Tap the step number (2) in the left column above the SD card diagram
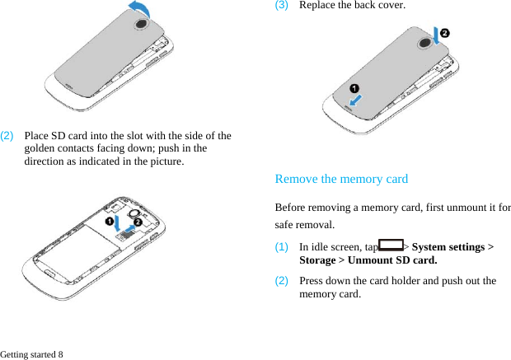[x=7, y=135]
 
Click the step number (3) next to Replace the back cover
[x=281, y=5]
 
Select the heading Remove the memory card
[x=340, y=179]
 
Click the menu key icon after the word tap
[x=392, y=245]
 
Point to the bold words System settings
[x=448, y=247]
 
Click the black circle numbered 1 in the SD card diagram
[x=108, y=222]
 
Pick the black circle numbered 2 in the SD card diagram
[x=138, y=222]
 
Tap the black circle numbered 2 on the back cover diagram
[x=445, y=32]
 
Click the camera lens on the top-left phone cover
[x=140, y=24]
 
